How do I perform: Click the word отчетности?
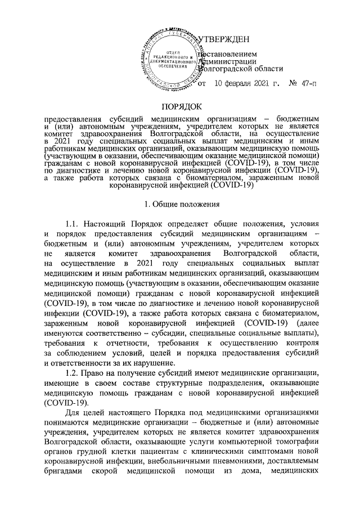[x=142, y=344]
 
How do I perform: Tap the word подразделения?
[x=219, y=384]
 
